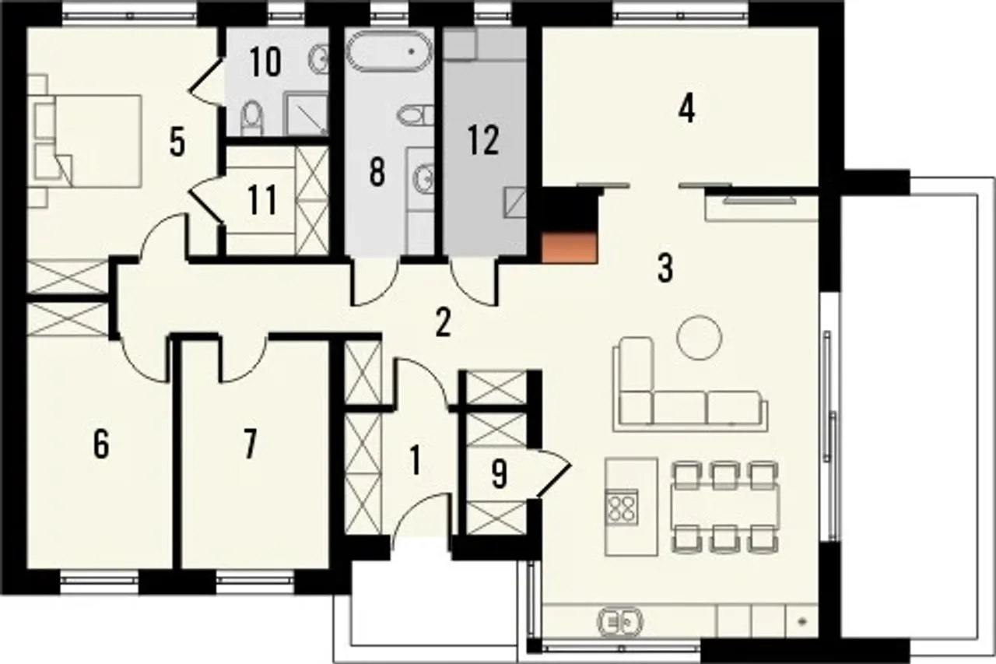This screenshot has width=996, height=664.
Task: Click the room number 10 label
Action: [265, 61]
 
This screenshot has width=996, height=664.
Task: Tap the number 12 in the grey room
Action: [483, 141]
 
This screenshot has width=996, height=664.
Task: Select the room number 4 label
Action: [686, 110]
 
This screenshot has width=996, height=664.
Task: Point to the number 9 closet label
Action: [500, 474]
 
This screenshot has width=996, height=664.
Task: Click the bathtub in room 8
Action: [388, 51]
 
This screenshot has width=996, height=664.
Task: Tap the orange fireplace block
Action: [569, 248]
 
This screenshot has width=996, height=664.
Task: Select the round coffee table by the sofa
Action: [699, 337]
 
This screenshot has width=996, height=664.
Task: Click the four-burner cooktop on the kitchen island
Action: [622, 508]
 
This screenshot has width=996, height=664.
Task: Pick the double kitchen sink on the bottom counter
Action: [621, 622]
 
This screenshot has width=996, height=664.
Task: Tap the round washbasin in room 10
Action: [318, 58]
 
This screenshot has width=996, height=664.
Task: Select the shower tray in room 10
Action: [306, 114]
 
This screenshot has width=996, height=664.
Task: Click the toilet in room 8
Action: [416, 115]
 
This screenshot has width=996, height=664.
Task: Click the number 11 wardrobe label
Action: [262, 200]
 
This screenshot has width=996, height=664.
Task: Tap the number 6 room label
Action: [101, 444]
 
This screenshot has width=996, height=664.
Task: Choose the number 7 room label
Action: [251, 444]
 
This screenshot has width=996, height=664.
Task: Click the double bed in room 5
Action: [85, 141]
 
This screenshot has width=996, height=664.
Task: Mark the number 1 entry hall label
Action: [415, 461]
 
